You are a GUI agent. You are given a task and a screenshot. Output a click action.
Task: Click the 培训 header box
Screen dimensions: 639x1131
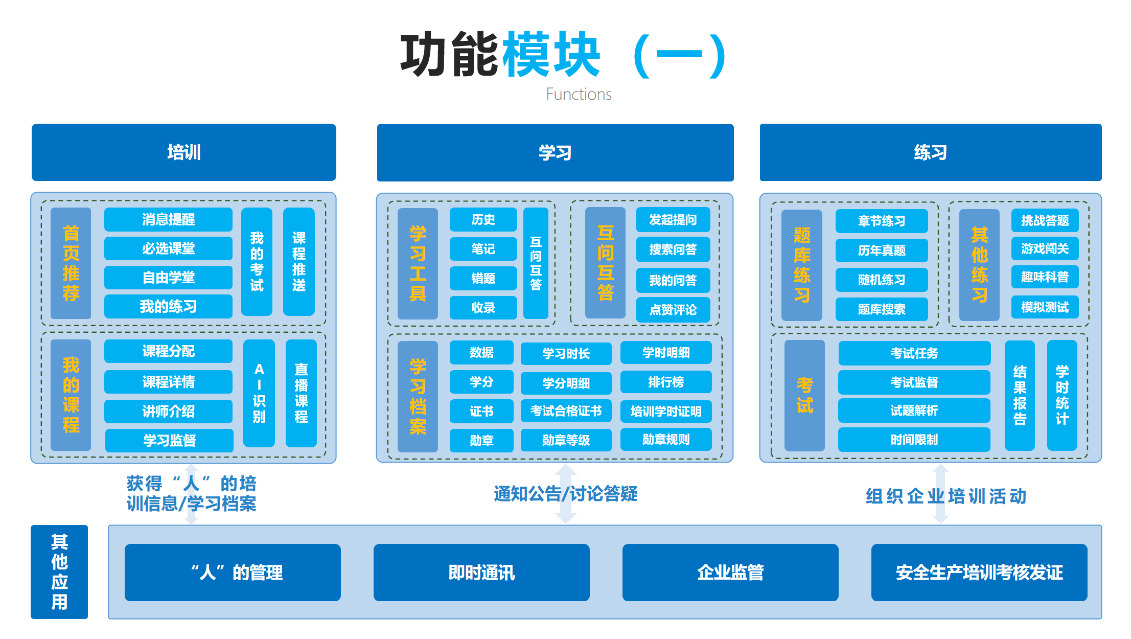pos(183,152)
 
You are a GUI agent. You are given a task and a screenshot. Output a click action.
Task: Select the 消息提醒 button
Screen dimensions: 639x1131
pos(168,219)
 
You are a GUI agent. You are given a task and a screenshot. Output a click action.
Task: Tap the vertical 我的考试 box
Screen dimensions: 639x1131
pos(257,262)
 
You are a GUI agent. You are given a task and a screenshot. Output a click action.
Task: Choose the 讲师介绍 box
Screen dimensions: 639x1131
pos(168,411)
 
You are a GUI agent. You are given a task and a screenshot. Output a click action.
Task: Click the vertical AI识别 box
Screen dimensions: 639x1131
pos(259,393)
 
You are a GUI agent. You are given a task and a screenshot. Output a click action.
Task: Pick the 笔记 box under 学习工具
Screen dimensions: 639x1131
pos(483,249)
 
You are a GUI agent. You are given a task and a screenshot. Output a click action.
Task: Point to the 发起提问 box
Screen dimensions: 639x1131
pos(673,220)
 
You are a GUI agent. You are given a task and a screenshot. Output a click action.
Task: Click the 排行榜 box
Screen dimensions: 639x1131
pos(665,382)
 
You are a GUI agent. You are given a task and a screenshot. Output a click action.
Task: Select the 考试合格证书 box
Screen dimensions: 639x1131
pos(566,411)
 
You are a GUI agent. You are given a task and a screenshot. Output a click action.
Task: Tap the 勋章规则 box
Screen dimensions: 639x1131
pos(665,440)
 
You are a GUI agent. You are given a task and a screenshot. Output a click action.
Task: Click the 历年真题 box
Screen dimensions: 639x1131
pos(881,250)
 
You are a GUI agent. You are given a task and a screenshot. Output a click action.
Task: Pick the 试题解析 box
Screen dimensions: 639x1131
pos(914,410)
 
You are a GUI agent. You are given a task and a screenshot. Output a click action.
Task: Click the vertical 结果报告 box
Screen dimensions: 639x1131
pos(1019,395)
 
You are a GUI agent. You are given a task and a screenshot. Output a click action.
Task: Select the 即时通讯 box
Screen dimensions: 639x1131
pos(481,573)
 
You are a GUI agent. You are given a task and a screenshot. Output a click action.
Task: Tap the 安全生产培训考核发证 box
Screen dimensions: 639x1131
pos(979,573)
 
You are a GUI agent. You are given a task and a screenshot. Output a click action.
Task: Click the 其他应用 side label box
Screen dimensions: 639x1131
pos(59,572)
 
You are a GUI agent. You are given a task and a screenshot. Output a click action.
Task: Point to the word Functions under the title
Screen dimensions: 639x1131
pos(579,95)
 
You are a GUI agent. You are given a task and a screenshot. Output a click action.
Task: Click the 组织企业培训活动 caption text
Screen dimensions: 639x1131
pos(945,496)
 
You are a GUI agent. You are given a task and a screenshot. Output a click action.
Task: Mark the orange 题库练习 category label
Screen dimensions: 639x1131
pos(801,265)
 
